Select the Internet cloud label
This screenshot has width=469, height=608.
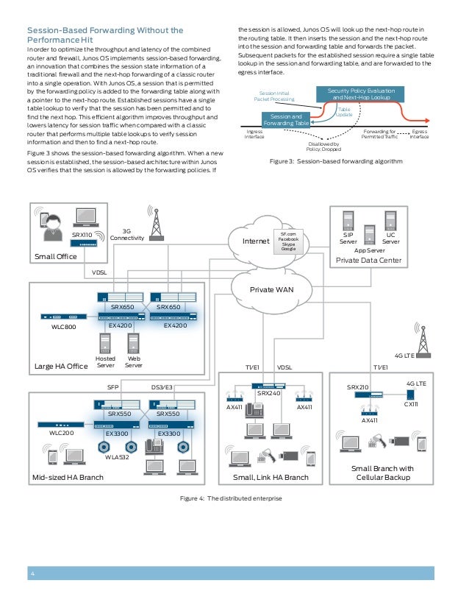coord(257,240)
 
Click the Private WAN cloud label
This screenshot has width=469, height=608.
coord(272,289)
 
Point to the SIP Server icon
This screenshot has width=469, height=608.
coord(348,224)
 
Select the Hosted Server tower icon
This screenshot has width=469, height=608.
coord(105,343)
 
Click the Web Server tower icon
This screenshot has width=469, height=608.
coord(133,343)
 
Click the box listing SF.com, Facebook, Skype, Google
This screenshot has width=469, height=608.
coord(289,241)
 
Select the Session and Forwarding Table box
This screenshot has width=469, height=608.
coord(287,120)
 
